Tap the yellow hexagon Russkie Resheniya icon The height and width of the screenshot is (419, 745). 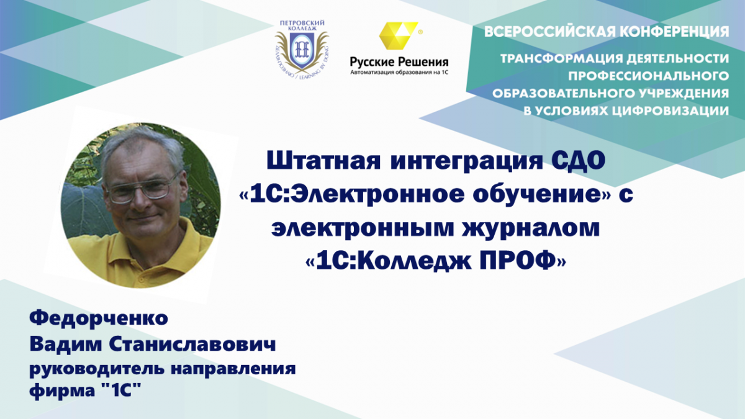pyautogui.click(x=399, y=35)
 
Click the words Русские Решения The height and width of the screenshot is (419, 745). pyautogui.click(x=399, y=61)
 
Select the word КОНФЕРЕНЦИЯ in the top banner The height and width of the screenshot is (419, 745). pyautogui.click(x=670, y=32)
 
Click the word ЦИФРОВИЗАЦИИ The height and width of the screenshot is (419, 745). pyautogui.click(x=670, y=111)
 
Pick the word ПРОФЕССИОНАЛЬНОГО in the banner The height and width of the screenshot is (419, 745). pyautogui.click(x=648, y=76)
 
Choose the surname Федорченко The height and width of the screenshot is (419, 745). pyautogui.click(x=99, y=318)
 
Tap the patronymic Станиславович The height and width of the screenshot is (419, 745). pyautogui.click(x=192, y=344)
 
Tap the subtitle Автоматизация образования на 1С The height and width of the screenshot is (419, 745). pyautogui.click(x=399, y=72)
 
